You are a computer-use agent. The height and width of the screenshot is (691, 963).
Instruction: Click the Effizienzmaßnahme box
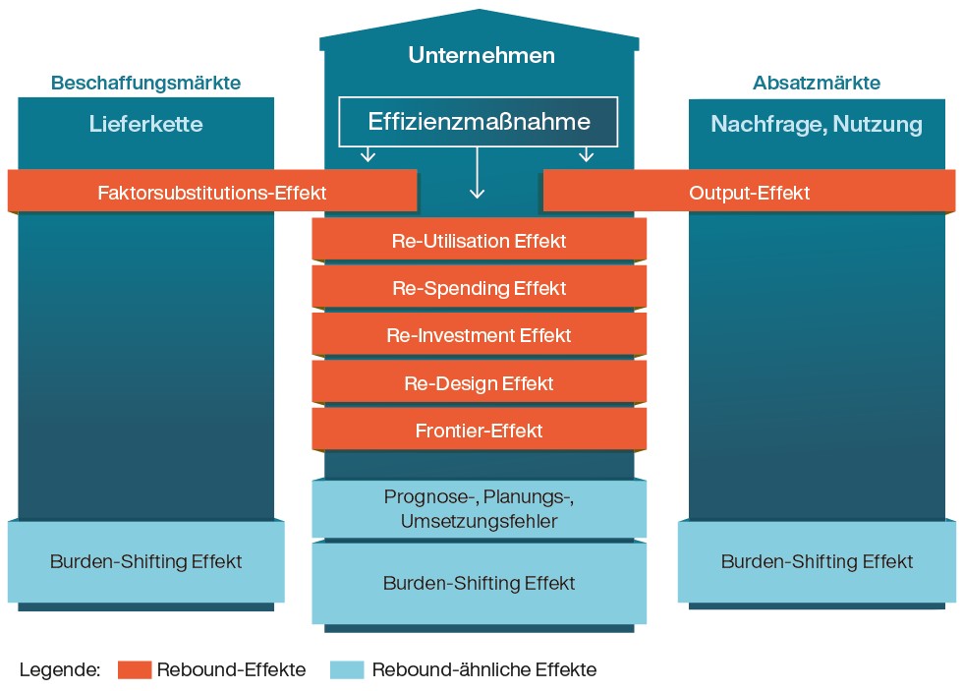pyautogui.click(x=479, y=122)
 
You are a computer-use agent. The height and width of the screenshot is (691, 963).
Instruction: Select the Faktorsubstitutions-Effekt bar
pyautogui.click(x=212, y=192)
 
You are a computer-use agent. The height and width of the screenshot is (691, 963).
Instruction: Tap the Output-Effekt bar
pyautogui.click(x=749, y=192)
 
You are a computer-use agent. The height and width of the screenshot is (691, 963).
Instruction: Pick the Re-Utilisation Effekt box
pyautogui.click(x=479, y=240)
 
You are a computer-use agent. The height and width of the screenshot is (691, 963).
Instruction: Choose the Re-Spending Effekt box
pyautogui.click(x=479, y=288)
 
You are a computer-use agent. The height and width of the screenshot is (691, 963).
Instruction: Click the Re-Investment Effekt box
pyautogui.click(x=479, y=335)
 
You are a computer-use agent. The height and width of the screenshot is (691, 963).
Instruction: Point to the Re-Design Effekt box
pyautogui.click(x=479, y=382)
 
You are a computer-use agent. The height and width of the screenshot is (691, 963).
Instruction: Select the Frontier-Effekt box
pyautogui.click(x=479, y=430)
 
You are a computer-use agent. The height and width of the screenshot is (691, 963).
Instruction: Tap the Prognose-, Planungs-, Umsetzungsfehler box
pyautogui.click(x=479, y=508)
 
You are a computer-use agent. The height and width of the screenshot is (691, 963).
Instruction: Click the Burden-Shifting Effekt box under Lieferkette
pyautogui.click(x=145, y=561)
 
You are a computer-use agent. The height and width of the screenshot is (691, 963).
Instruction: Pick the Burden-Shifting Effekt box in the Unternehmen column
pyautogui.click(x=479, y=583)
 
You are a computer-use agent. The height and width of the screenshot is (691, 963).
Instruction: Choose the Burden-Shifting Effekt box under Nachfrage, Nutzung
pyautogui.click(x=817, y=561)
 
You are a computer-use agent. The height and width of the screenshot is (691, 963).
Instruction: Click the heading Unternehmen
pyautogui.click(x=481, y=55)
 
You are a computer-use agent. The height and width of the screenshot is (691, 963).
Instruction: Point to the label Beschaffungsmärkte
pyautogui.click(x=145, y=84)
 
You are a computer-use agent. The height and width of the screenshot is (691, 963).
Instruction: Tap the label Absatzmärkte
pyautogui.click(x=817, y=84)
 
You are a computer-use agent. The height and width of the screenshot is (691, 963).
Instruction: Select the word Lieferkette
pyautogui.click(x=145, y=124)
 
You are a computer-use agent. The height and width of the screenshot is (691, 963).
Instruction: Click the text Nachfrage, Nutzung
pyautogui.click(x=817, y=124)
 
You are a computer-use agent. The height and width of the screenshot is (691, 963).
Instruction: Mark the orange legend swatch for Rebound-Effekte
pyautogui.click(x=135, y=670)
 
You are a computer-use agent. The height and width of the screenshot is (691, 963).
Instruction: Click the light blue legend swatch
pyautogui.click(x=348, y=670)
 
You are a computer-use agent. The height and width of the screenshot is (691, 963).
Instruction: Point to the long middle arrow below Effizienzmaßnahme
pyautogui.click(x=478, y=174)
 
